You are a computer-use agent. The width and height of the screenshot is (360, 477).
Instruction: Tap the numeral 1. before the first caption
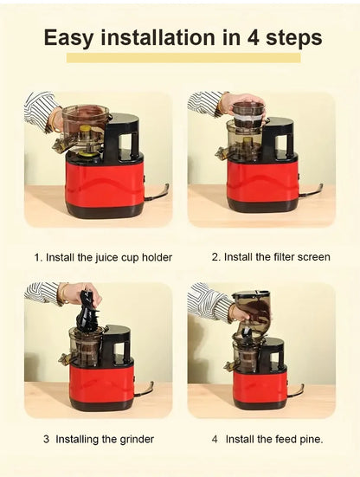38,257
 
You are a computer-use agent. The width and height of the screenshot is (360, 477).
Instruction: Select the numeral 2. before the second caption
216,257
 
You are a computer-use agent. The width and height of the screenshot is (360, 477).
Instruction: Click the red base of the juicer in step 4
260,385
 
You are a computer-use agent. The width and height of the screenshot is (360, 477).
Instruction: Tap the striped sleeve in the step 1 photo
40,107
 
